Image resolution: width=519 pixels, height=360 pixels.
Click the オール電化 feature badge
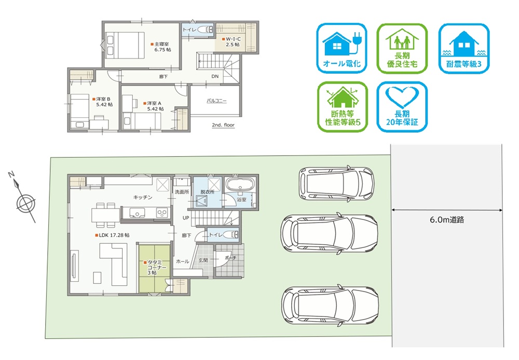point(342,48)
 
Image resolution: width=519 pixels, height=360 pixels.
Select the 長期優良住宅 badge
point(402,48)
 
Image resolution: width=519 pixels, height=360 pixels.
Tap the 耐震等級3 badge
point(463,48)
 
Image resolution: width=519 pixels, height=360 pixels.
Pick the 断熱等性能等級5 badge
point(343,107)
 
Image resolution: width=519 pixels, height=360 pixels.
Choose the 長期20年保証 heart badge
point(402,107)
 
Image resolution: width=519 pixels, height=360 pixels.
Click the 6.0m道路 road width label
point(447,220)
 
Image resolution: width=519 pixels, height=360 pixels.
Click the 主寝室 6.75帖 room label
point(161,47)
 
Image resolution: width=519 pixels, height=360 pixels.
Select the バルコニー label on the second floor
point(217,101)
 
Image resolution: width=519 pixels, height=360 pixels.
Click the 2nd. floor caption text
point(223,125)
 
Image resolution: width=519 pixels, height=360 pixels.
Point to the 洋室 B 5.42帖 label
point(103,102)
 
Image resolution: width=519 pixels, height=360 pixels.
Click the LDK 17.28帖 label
point(113,236)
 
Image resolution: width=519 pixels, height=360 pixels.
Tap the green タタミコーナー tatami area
point(154,268)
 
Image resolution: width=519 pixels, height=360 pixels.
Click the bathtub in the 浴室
point(240,184)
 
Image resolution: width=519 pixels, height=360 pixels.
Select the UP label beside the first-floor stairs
point(186,218)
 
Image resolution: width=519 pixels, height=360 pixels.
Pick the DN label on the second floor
point(215,76)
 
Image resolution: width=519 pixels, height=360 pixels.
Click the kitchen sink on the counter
point(137,213)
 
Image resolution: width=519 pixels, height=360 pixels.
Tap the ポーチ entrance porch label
point(230,257)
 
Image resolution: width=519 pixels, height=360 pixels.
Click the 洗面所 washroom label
point(182,192)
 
